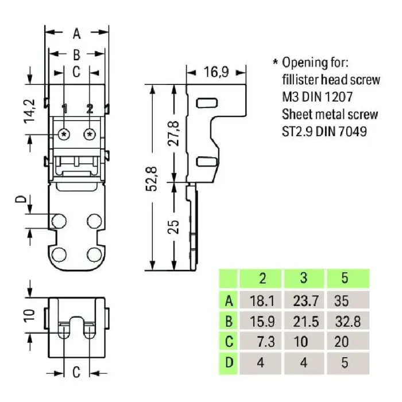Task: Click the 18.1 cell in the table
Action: click(x=262, y=300)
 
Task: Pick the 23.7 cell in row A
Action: click(x=304, y=300)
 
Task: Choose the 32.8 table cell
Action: click(x=346, y=320)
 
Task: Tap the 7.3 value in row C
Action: click(x=264, y=342)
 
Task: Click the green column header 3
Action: click(x=304, y=279)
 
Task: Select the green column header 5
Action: click(x=345, y=279)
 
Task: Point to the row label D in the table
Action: click(x=229, y=363)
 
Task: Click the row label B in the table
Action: click(x=229, y=320)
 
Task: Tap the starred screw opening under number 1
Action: click(x=64, y=134)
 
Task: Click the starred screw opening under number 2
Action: click(x=90, y=134)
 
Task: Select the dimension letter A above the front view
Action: click(x=76, y=34)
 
